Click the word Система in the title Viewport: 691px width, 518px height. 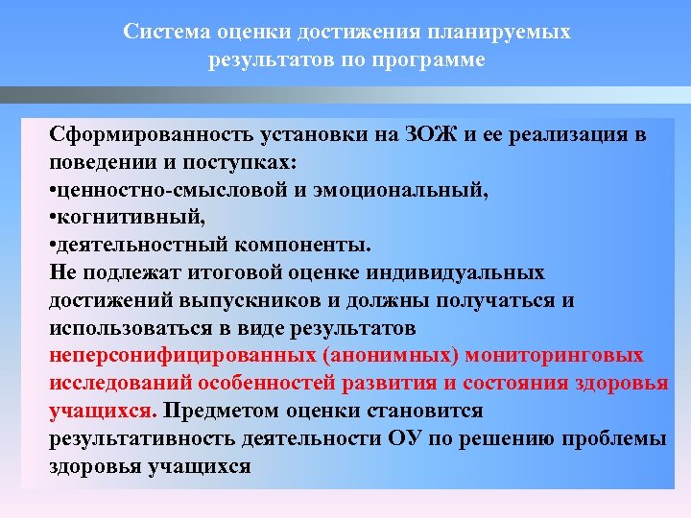[x=158, y=33]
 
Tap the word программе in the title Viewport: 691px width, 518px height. [x=432, y=60]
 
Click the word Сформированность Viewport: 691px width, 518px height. [x=146, y=135]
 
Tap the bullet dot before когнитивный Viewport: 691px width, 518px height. [x=54, y=219]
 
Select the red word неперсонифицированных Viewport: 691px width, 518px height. [x=181, y=356]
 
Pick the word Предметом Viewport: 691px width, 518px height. [x=222, y=412]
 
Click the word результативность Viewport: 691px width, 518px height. [x=143, y=439]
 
